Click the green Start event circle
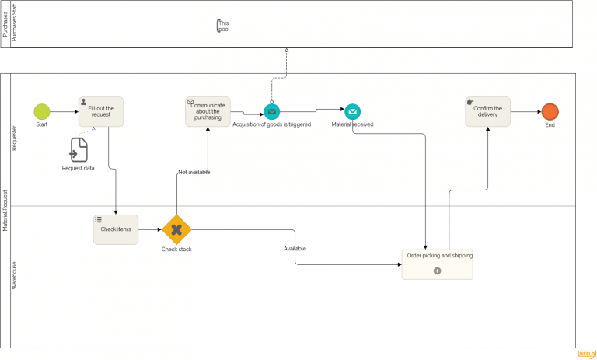(x=42, y=112)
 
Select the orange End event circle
(x=550, y=112)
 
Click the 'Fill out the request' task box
(x=101, y=111)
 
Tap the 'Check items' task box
(x=116, y=229)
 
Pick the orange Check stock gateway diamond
(x=176, y=229)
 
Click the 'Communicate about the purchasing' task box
(x=208, y=111)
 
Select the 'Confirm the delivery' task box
(x=487, y=111)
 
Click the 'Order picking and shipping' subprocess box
(x=437, y=264)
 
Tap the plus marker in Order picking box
(x=437, y=271)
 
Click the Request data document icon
(x=79, y=149)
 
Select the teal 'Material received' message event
(x=352, y=112)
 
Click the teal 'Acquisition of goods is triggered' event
(x=272, y=112)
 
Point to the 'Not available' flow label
(x=194, y=172)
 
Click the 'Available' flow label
(x=295, y=249)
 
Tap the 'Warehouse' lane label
(x=14, y=275)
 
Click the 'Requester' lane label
(x=14, y=138)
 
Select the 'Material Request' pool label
(x=5, y=210)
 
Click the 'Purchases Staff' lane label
(x=14, y=24)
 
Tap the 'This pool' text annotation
(x=224, y=26)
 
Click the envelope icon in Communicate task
(x=190, y=102)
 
